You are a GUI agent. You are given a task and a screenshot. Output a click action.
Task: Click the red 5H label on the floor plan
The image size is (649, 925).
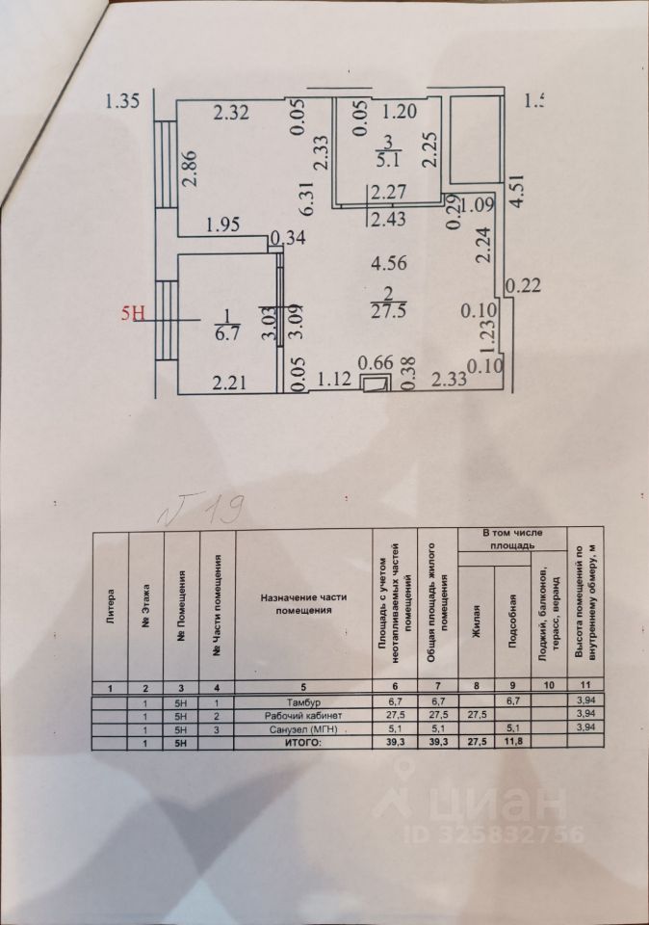tap(133, 312)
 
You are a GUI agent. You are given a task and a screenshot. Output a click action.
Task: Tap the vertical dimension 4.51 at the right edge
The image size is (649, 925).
tap(518, 190)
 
